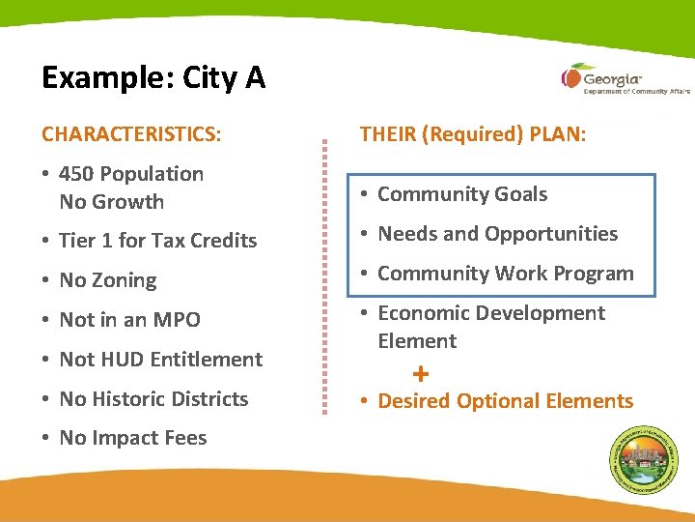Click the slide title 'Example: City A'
153,77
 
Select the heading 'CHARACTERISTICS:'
131,133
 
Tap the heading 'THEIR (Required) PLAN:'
472,133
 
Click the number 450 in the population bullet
76,174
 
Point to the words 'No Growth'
111,202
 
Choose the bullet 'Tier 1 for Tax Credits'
157,241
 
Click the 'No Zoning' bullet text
107,280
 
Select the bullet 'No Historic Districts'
153,399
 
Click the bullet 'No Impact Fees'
132,439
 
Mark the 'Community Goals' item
461,194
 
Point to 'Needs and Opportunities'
497,234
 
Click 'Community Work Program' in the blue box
505,274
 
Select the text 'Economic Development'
491,313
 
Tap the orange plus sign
420,373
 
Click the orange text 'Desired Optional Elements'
505,401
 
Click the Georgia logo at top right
608,78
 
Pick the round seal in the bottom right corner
645,460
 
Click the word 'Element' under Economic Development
417,341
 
